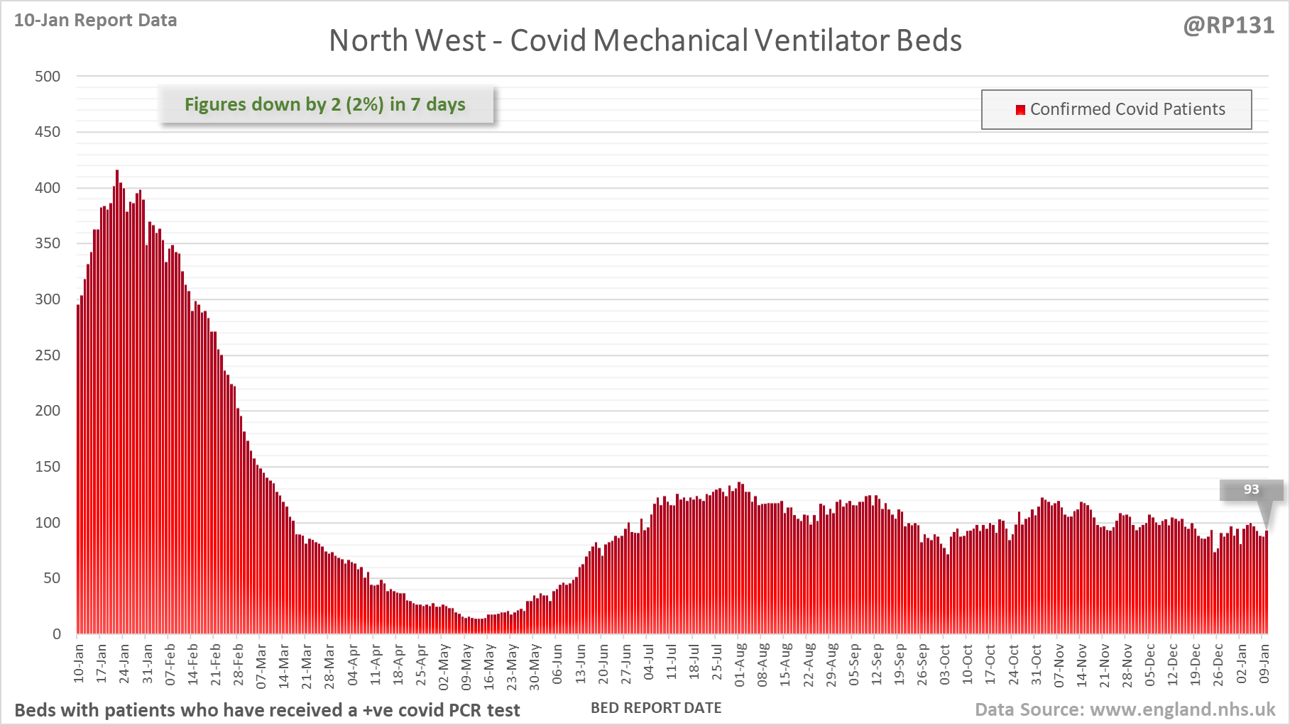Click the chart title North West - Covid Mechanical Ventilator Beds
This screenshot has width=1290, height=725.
[645, 40]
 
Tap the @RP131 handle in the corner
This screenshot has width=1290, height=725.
[1228, 26]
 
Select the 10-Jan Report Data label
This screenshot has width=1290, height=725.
[95, 20]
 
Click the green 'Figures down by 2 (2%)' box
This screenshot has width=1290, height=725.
[325, 104]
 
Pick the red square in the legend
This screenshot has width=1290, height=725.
[1020, 109]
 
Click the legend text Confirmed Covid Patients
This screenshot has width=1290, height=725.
[1127, 109]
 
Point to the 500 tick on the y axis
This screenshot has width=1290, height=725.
[48, 77]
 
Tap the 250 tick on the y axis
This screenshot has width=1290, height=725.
[48, 355]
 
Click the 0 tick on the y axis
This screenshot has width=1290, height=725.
[56, 634]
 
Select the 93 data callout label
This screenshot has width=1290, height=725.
[1251, 489]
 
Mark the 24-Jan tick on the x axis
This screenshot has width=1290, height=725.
[124, 663]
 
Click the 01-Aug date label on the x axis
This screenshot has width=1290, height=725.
[740, 665]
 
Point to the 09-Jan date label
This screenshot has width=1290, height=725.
[1264, 664]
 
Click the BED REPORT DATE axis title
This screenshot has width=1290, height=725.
[656, 708]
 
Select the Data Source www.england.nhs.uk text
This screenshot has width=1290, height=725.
[1125, 709]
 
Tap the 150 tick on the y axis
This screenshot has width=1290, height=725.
[48, 467]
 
